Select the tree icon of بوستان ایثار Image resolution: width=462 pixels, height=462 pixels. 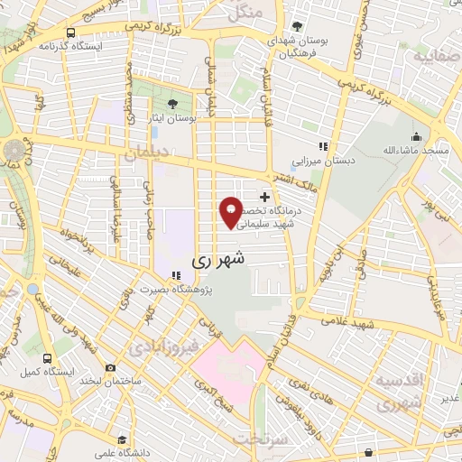(x=173, y=104)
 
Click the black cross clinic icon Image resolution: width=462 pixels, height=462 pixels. (x=263, y=196)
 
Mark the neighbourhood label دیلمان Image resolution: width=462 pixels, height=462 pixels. (x=147, y=154)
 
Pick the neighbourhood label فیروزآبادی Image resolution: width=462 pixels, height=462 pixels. (x=158, y=346)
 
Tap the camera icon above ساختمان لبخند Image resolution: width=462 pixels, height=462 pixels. (x=110, y=367)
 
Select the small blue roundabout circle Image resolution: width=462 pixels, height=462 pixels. (x=33, y=290)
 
